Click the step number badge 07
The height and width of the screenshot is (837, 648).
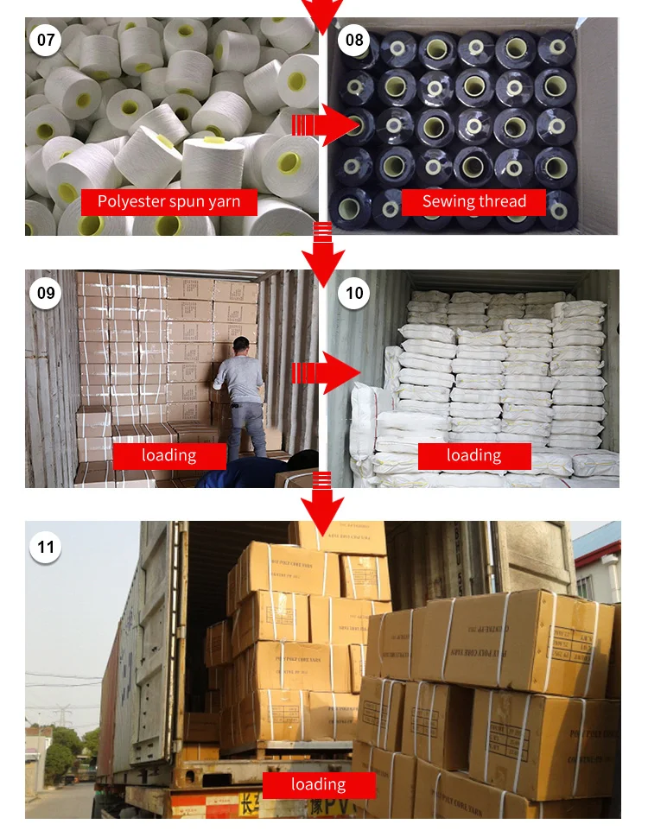[45, 40]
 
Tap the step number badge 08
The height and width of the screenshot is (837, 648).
[354, 40]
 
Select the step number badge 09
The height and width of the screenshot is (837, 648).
[45, 293]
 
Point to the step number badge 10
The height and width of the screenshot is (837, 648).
[354, 293]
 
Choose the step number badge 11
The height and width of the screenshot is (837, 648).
[45, 547]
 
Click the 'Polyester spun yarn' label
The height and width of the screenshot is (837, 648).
[169, 202]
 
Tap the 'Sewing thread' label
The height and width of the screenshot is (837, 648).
[474, 202]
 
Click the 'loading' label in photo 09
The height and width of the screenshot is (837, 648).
[169, 455]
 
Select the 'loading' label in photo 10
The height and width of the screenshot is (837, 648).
[474, 455]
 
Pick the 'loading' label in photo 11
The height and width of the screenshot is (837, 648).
[318, 784]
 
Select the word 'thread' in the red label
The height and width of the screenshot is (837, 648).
[499, 202]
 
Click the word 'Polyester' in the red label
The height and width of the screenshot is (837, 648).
[130, 202]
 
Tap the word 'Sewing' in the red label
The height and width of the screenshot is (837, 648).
[445, 202]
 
